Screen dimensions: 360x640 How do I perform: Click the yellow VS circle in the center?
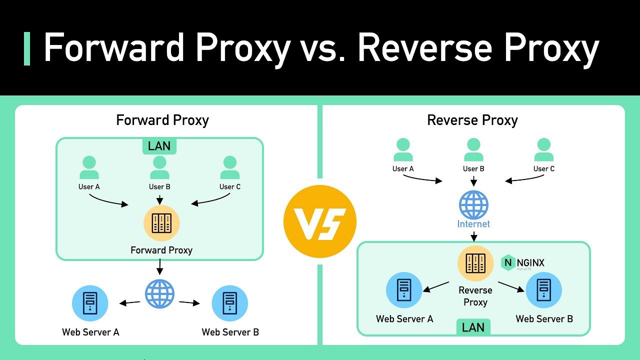pos(320,221)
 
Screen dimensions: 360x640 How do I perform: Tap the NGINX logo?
pos(523,263)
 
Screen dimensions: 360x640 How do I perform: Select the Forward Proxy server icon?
pos(161,223)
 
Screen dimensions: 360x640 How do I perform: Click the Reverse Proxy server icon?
pos(475,263)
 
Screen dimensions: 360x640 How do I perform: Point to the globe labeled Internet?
pos(473,205)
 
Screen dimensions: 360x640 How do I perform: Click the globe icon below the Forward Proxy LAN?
pos(160,293)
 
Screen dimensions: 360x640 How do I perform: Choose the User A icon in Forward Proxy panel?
pos(89,168)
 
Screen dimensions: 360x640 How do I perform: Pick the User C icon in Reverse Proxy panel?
pos(543,150)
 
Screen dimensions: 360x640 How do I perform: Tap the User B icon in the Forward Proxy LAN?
pos(159,168)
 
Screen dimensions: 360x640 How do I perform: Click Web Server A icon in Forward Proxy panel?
pos(90,303)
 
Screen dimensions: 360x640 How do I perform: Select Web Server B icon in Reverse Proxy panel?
pos(543,290)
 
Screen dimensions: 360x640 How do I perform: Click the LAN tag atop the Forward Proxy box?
pos(159,146)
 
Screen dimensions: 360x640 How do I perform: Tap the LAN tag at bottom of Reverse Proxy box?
pos(473,327)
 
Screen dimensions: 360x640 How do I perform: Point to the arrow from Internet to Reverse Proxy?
pos(473,236)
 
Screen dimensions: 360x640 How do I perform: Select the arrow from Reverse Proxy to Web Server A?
pos(436,286)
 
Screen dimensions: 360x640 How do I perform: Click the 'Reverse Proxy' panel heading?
pos(472,120)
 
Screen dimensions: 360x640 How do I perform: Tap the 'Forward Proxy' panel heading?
pos(162,120)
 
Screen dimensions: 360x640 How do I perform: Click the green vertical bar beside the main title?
pos(27,48)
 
